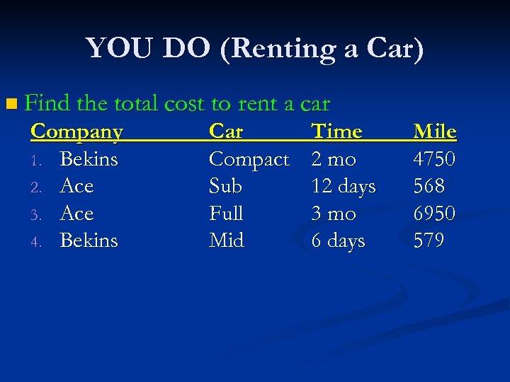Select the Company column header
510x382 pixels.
click(77, 132)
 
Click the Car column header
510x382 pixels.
click(226, 132)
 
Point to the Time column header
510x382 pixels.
click(336, 132)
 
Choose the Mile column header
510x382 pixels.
click(434, 132)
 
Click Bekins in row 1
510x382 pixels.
click(89, 159)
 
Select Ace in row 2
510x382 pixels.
click(76, 186)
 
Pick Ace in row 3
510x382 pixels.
click(76, 213)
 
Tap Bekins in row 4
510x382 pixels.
click(89, 241)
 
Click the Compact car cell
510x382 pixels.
click(249, 160)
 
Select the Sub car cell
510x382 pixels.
click(225, 186)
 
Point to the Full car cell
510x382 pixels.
click(226, 213)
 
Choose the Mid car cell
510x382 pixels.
click(226, 241)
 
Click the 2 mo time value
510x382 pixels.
click(334, 159)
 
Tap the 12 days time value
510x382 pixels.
click(344, 187)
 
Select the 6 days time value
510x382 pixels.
click(338, 241)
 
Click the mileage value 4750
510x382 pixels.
click(433, 159)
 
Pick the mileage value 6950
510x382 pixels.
click(433, 213)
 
